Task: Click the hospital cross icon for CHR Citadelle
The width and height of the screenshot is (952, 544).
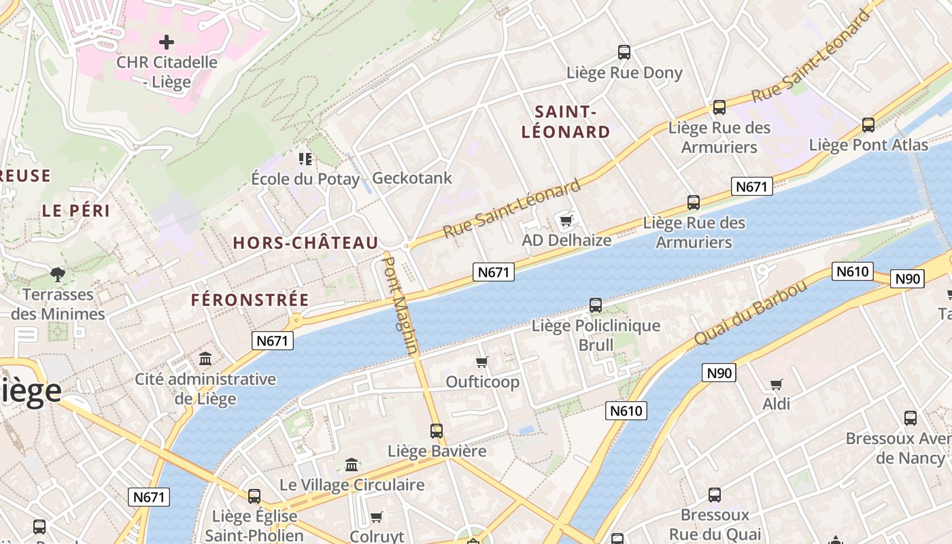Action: click(167, 42)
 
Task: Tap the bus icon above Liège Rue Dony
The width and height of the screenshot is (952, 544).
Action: click(624, 52)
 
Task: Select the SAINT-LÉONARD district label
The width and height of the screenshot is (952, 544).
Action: click(565, 122)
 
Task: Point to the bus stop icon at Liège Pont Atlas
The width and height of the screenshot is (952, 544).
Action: click(868, 124)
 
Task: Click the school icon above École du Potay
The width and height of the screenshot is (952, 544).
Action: click(305, 159)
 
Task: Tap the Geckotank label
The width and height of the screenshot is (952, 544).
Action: click(412, 178)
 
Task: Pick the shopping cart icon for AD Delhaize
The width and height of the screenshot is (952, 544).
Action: click(566, 220)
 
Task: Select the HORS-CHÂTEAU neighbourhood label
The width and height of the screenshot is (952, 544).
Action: click(305, 243)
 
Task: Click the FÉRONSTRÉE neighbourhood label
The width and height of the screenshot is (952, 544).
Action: click(250, 300)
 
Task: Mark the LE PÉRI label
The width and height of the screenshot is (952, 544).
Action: click(76, 211)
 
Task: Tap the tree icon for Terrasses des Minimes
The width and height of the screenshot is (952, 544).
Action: click(58, 274)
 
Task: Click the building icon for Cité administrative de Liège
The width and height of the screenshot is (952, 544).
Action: click(205, 358)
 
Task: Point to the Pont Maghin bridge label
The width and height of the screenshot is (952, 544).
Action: click(401, 304)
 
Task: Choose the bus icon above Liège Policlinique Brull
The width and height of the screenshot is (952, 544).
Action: click(596, 305)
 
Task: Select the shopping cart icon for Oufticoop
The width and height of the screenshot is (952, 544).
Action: click(482, 362)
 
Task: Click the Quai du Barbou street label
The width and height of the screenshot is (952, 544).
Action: click(751, 312)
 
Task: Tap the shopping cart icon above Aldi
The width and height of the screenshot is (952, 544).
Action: click(776, 384)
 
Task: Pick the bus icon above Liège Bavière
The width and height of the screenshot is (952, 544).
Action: click(437, 430)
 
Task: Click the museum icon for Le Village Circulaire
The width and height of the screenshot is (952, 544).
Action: click(352, 464)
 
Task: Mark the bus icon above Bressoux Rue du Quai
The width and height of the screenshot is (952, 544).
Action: click(715, 494)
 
